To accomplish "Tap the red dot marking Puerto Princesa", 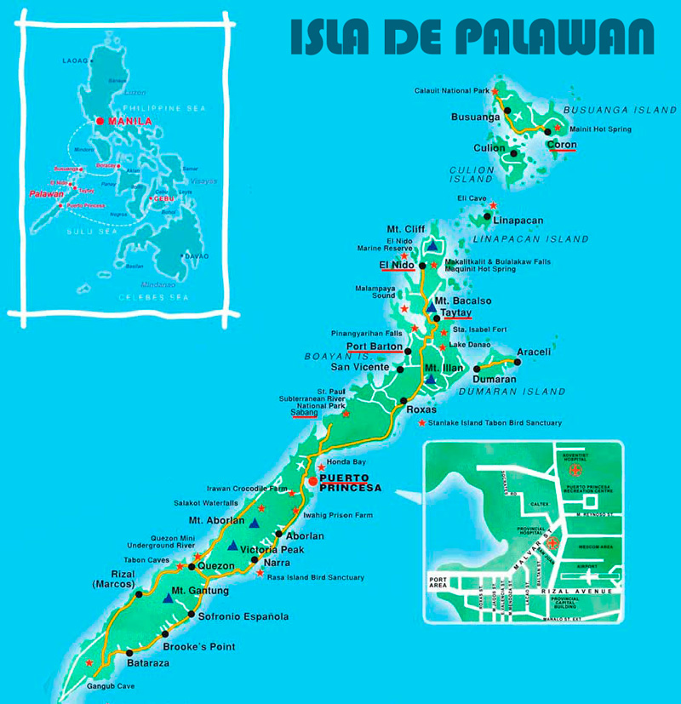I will [312, 482].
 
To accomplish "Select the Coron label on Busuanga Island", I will [562, 145].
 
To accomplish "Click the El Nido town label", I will [398, 266].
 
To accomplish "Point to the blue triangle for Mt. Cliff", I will [432, 246].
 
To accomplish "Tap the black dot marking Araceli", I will [518, 362].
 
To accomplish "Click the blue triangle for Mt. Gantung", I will [168, 600].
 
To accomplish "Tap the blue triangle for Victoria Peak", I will [232, 545].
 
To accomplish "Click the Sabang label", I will [305, 413].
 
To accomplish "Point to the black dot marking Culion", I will [515, 150].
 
